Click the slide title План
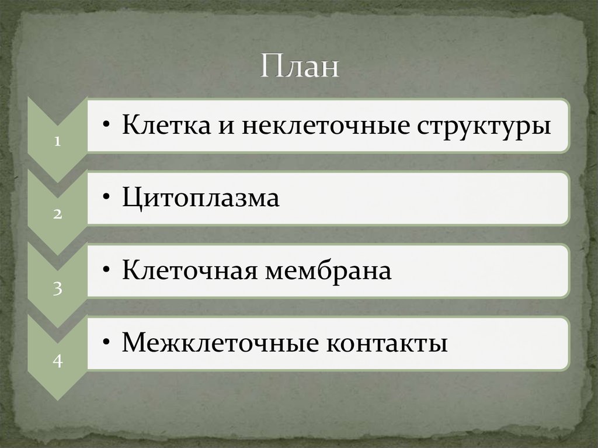[299, 66]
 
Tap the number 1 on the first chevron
[57, 142]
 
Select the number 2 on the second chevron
[57, 214]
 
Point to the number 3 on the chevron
[57, 287]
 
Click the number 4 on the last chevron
[57, 360]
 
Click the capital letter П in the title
[270, 66]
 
